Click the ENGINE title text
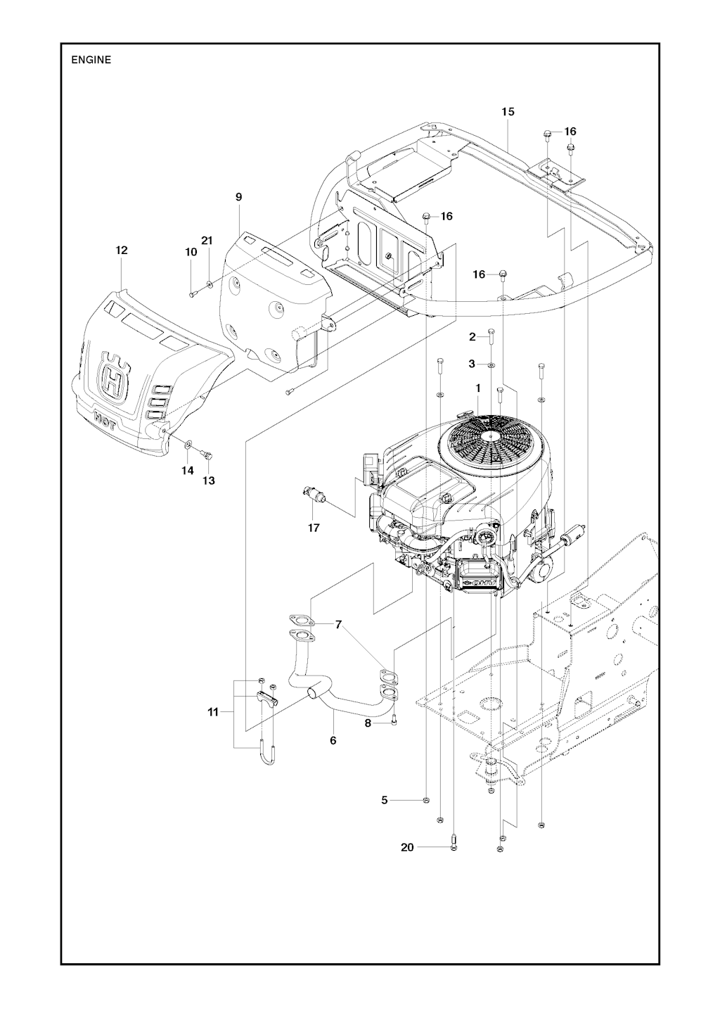coord(91,60)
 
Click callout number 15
coord(508,111)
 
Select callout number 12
coord(122,250)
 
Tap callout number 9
coord(238,198)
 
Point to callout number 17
coord(314,527)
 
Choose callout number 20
coord(407,847)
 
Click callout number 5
coord(385,800)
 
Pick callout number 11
coord(213,713)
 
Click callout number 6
coord(333,740)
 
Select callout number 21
coord(207,241)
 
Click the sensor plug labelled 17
coord(312,494)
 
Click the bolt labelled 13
coord(207,455)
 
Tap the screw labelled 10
coord(191,293)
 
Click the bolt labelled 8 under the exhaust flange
coord(395,719)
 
